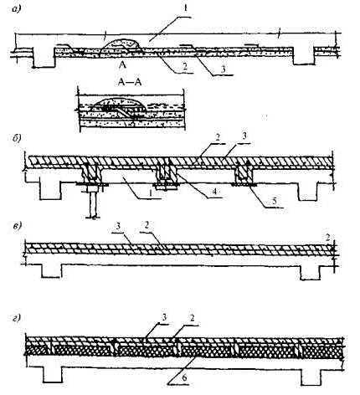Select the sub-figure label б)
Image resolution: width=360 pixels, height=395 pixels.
pyautogui.click(x=17, y=138)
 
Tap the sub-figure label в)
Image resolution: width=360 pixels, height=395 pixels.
pyautogui.click(x=17, y=226)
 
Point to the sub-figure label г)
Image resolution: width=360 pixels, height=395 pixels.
pyautogui.click(x=17, y=318)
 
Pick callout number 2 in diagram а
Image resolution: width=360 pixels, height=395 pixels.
pyautogui.click(x=185, y=67)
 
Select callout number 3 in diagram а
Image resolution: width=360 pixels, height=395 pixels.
pyautogui.click(x=223, y=69)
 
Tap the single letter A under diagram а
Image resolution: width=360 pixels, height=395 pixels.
pyautogui.click(x=122, y=65)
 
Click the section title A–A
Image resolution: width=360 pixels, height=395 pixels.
pyautogui.click(x=130, y=82)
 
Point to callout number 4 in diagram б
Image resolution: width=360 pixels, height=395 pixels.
pyautogui.click(x=214, y=192)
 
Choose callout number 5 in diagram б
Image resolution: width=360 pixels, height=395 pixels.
pyautogui.click(x=275, y=201)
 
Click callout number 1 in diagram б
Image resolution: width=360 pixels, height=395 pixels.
pyautogui.click(x=150, y=192)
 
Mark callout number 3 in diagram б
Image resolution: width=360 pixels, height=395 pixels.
pyautogui.click(x=244, y=137)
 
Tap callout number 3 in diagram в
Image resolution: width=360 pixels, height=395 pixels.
pyautogui.click(x=118, y=226)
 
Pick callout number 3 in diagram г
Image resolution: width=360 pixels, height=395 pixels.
pyautogui.click(x=165, y=318)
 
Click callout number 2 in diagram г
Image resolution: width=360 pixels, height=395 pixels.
pyautogui.click(x=193, y=319)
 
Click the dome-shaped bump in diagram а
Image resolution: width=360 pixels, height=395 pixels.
pyautogui.click(x=120, y=47)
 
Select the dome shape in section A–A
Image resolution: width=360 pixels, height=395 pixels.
pyautogui.click(x=120, y=104)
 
